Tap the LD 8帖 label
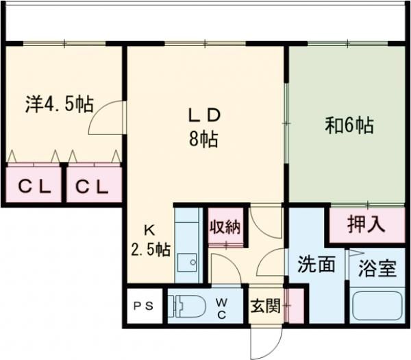[204, 125]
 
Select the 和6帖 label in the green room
[349, 125]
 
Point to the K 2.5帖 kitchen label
[151, 239]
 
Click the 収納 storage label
[225, 226]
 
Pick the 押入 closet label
[366, 224]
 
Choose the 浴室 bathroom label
[377, 266]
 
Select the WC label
[223, 307]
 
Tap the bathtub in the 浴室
[377, 306]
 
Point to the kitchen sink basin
[186, 262]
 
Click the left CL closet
[33, 185]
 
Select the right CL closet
[92, 185]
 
